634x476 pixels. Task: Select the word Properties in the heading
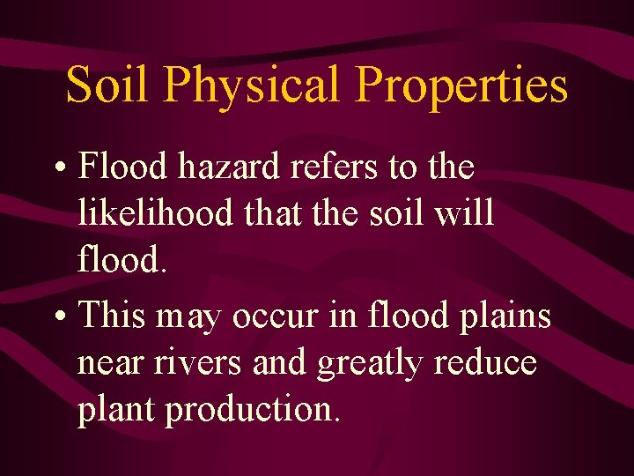tap(462, 86)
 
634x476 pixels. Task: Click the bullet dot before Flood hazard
tap(62, 167)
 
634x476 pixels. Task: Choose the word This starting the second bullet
tap(111, 316)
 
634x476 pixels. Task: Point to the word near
tap(112, 363)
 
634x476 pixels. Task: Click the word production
tap(250, 411)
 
